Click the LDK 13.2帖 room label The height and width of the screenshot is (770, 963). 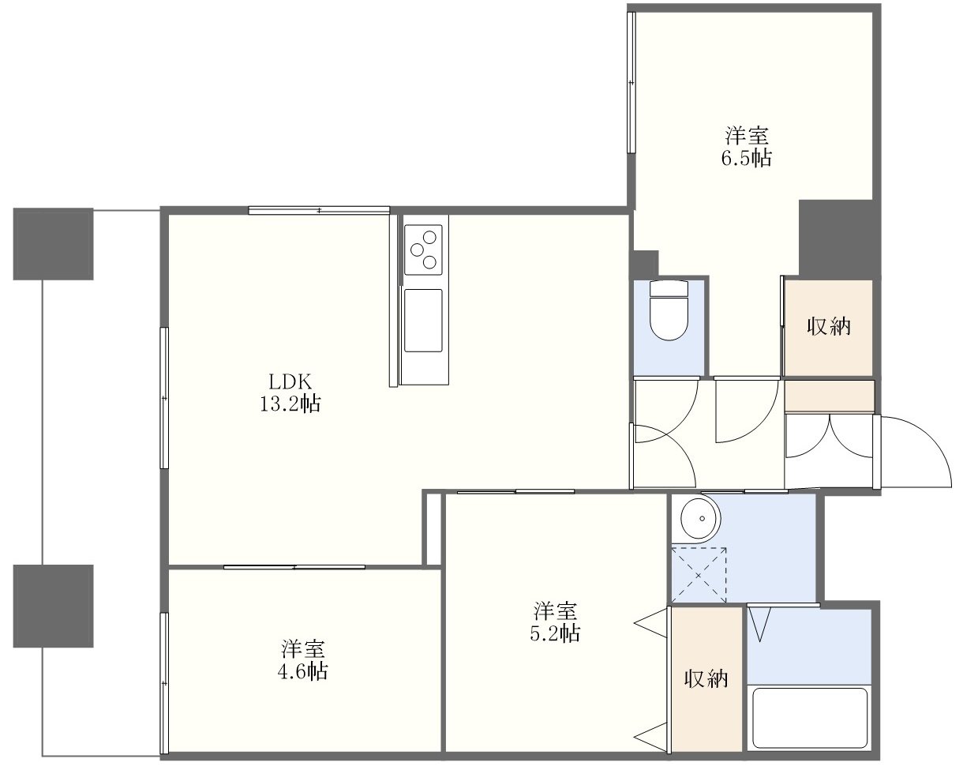click(x=290, y=393)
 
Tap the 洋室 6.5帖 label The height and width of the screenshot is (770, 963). click(x=747, y=146)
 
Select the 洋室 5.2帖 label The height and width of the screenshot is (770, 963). click(x=556, y=622)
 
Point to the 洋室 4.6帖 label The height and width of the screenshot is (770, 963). click(x=303, y=660)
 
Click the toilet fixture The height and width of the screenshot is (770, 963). click(x=669, y=310)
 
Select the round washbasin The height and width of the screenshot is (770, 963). click(x=700, y=518)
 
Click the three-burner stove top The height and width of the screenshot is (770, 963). click(x=423, y=250)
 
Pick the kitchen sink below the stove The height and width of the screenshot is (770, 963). click(x=423, y=321)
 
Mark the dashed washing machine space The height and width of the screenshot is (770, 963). click(x=699, y=575)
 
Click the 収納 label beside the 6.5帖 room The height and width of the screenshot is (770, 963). click(x=829, y=326)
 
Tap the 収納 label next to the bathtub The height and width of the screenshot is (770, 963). click(x=706, y=679)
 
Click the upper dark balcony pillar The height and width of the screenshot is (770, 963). click(x=53, y=244)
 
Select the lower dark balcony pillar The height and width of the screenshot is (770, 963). click(x=53, y=606)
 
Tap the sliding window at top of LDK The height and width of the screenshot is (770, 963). click(x=319, y=210)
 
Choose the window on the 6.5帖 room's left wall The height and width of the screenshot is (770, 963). click(x=631, y=82)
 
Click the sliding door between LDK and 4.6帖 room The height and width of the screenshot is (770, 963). click(x=294, y=567)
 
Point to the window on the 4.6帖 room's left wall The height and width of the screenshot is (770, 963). click(x=164, y=683)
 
